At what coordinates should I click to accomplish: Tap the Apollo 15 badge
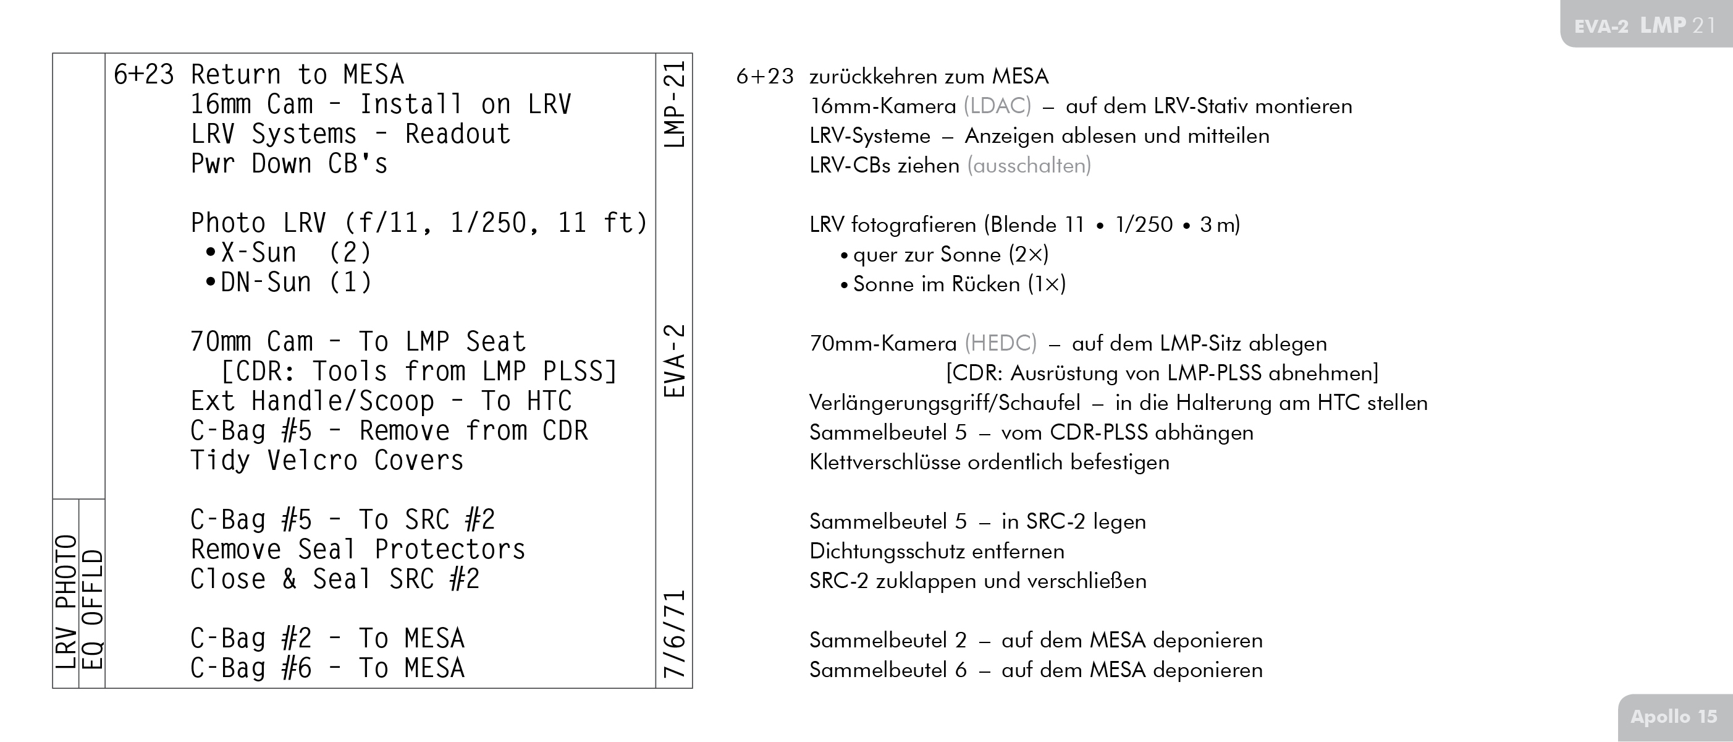tap(1673, 717)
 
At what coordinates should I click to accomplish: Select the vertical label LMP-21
tap(674, 104)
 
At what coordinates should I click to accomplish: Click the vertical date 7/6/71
tap(674, 634)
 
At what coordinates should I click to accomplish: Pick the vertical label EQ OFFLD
tap(92, 609)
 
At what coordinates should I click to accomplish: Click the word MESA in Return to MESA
tap(373, 75)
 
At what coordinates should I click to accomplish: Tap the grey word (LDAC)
tap(997, 106)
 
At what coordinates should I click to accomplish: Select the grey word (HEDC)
tap(1000, 343)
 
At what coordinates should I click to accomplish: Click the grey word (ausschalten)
tap(1029, 166)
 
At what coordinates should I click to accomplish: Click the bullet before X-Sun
tap(211, 252)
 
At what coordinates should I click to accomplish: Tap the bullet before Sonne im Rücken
tap(843, 285)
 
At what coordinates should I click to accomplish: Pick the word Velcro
tap(312, 461)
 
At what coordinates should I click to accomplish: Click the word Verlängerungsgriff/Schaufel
tap(945, 403)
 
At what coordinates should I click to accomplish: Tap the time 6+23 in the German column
tap(765, 77)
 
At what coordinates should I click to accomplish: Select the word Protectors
tap(449, 550)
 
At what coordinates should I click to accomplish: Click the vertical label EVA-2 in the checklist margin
tap(674, 361)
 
